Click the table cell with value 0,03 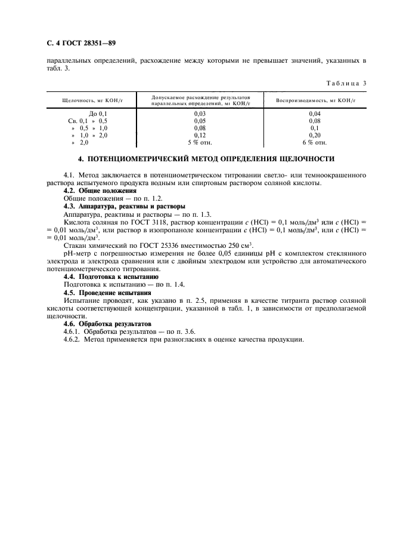click(x=200, y=113)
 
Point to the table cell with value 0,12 click(x=200, y=135)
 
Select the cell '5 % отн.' click(x=200, y=142)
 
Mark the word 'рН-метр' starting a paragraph click(x=76, y=253)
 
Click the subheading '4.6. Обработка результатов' click(x=105, y=324)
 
